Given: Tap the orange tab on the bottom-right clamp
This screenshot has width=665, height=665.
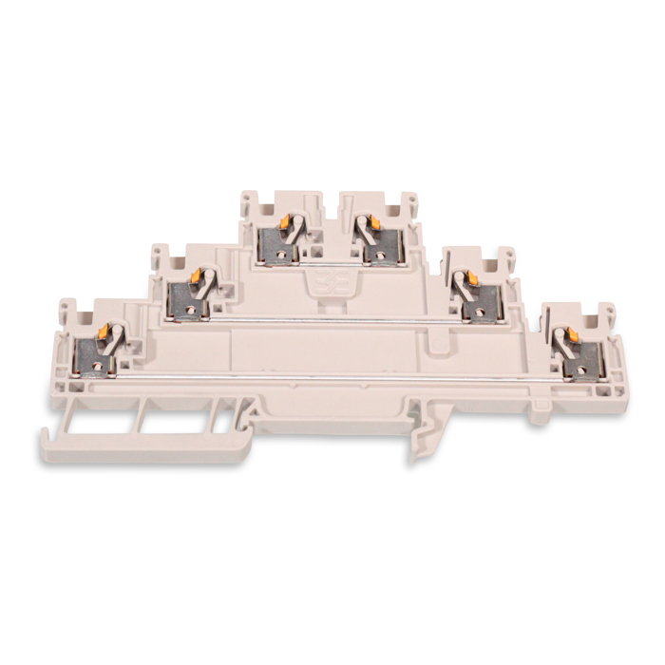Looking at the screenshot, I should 573,335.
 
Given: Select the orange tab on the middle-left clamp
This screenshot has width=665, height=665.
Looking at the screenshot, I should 196,276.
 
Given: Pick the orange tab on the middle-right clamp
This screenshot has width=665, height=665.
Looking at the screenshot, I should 465,278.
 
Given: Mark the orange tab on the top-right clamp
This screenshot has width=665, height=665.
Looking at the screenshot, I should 373,221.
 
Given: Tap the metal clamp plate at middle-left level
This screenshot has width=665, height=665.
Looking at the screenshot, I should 186,301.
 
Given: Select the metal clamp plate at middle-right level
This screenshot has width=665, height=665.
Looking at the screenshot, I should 480,302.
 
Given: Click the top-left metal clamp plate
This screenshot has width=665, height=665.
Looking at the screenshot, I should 278,245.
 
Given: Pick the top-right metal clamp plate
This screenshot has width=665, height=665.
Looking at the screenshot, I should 383,245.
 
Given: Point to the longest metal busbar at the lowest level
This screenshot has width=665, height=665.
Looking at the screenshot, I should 332,377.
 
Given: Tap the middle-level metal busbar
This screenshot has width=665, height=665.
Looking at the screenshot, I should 332,321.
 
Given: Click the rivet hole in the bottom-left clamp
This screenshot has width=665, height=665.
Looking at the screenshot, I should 103,363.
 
